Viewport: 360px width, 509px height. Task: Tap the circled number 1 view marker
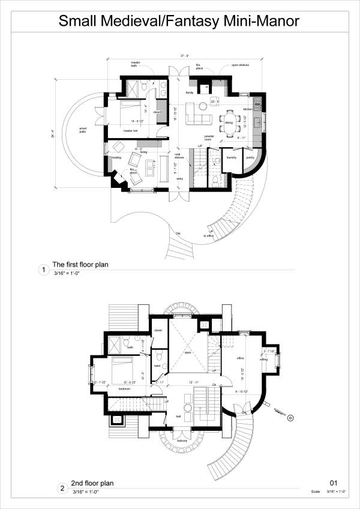point(43,270)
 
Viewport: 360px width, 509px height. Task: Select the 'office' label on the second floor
point(240,358)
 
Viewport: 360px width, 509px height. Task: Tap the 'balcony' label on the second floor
point(182,441)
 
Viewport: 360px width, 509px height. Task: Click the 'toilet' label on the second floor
point(157,366)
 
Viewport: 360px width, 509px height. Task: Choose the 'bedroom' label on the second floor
point(124,389)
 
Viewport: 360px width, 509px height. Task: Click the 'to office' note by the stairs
point(208,236)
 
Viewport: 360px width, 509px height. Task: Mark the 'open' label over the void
point(188,352)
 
